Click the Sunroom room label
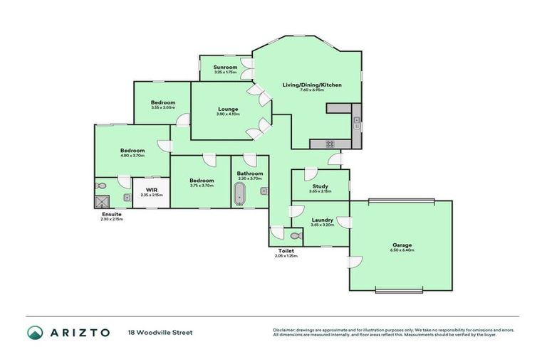click(225, 67)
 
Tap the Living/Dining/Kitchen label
click(312, 85)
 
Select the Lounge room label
click(228, 109)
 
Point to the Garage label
click(402, 245)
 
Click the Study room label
click(321, 186)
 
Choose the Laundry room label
click(322, 220)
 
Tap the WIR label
click(151, 190)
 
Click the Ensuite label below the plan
click(112, 214)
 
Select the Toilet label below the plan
click(286, 251)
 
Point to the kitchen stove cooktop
click(330, 144)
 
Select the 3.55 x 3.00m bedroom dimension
click(162, 107)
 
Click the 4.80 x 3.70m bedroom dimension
click(132, 156)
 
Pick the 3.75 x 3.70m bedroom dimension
click(202, 186)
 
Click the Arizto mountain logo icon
click(36, 333)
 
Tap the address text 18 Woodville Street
click(160, 333)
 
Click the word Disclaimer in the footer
click(286, 330)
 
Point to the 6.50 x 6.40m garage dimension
click(402, 251)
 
